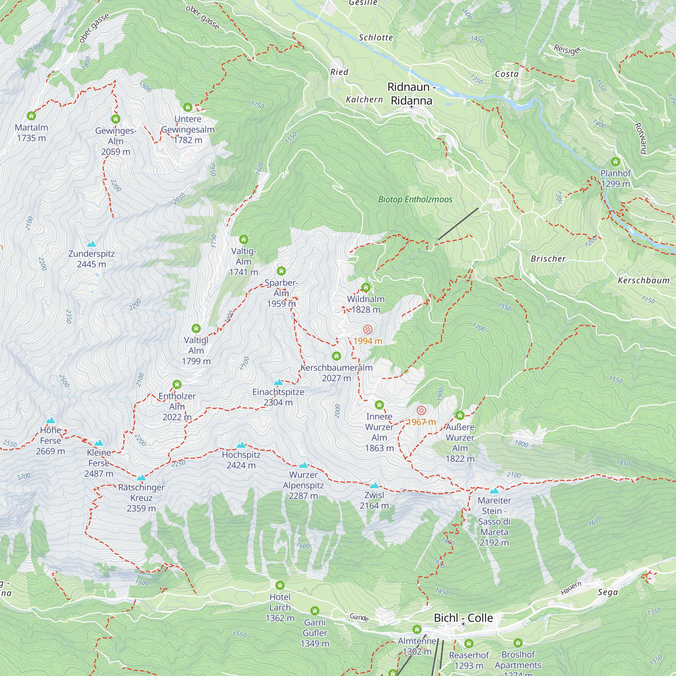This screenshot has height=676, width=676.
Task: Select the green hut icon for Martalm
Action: point(31,116)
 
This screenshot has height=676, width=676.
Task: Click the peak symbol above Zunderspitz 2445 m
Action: point(92,244)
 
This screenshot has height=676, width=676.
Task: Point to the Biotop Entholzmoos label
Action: point(415,199)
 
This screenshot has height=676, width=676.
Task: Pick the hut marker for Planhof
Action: point(615,162)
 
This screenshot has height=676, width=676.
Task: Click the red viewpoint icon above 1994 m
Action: point(367,329)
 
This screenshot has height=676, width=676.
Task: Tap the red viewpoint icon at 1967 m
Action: point(421,410)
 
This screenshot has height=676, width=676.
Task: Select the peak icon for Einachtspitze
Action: point(278,382)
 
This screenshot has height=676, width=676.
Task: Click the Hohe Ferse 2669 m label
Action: point(50,440)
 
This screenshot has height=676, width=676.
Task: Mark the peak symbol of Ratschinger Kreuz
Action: point(141,478)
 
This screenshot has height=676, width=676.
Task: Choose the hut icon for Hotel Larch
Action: point(280,585)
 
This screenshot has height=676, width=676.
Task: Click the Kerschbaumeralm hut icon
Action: point(337,356)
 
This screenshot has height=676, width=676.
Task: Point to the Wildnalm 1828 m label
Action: point(366,304)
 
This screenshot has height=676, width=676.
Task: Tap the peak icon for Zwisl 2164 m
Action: point(375,485)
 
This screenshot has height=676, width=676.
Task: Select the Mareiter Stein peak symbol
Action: point(494,490)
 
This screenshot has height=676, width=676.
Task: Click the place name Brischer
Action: point(548,259)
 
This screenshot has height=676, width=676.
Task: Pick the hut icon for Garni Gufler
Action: point(315,611)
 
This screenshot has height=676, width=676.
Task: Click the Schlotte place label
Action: point(376,38)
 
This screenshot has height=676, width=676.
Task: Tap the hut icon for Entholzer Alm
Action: point(177,385)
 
